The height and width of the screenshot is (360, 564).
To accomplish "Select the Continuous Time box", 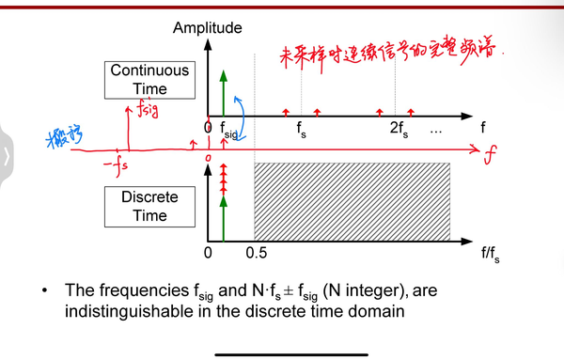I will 149,80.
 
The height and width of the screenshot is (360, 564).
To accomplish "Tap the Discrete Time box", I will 149,206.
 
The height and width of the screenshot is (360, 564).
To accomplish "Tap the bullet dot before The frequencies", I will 44,291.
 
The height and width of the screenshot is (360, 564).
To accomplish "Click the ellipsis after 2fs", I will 434,130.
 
